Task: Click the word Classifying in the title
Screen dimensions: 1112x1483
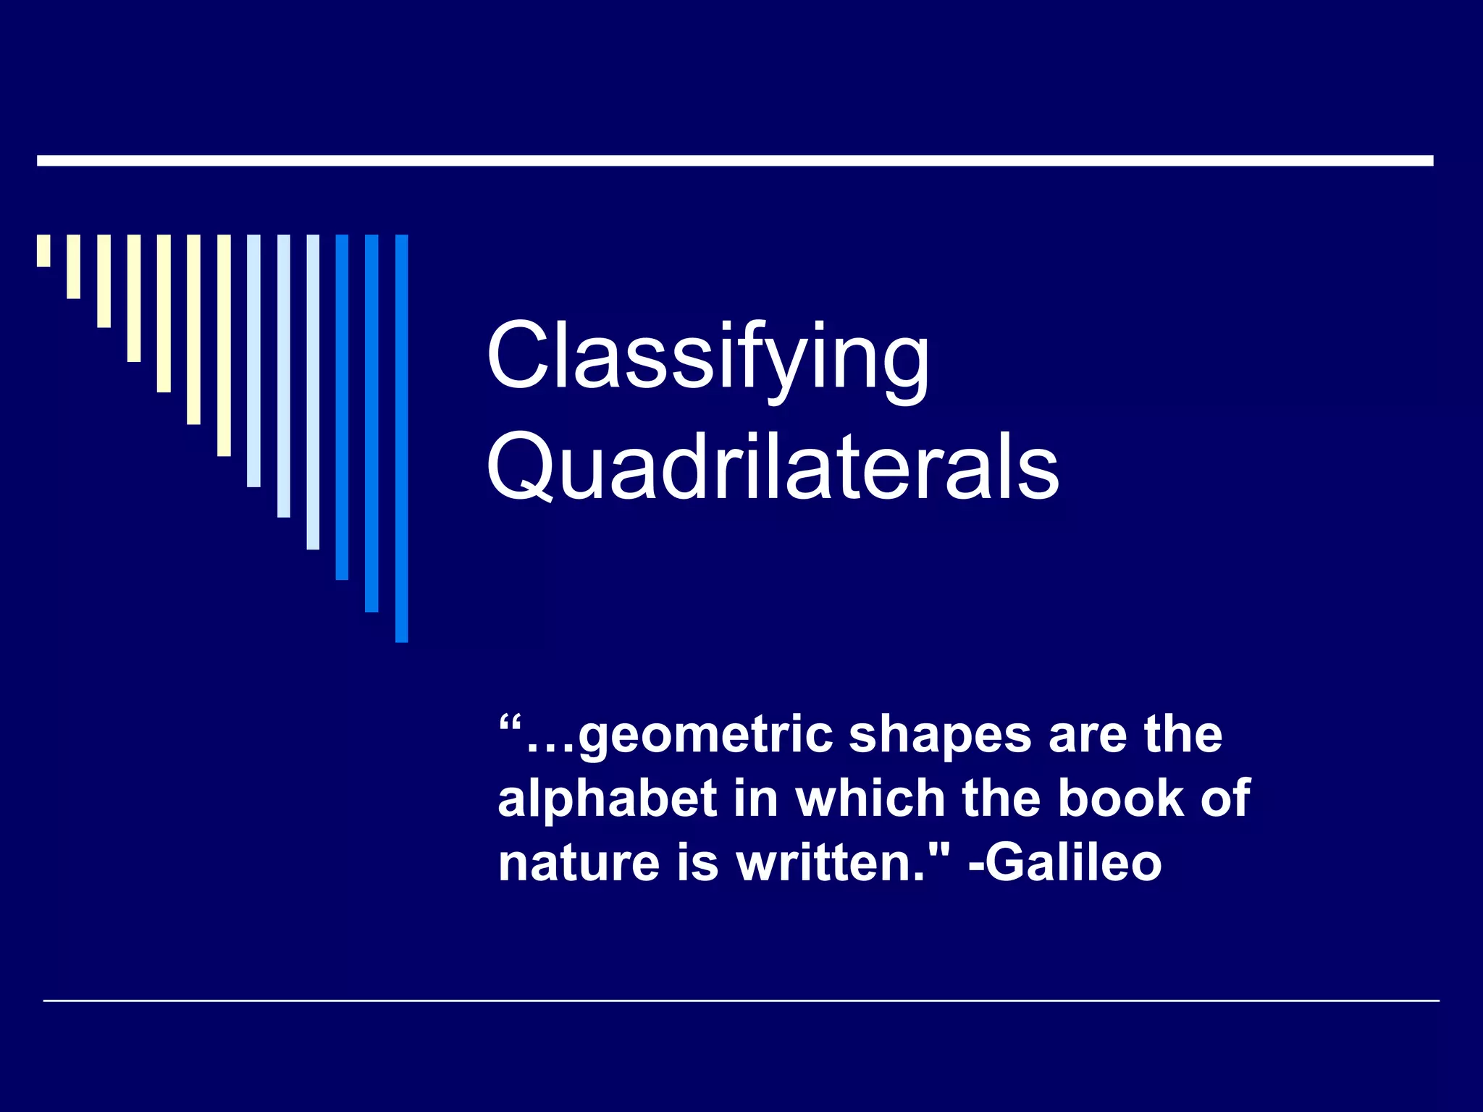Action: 707,358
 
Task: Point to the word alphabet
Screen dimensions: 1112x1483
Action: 607,799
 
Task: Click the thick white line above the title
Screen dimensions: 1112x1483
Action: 735,161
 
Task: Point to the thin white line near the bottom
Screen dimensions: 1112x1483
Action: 741,1001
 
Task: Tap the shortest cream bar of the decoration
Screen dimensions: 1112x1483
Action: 43,250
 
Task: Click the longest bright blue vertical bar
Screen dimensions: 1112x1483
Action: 401,438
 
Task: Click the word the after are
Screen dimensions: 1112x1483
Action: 1183,735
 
